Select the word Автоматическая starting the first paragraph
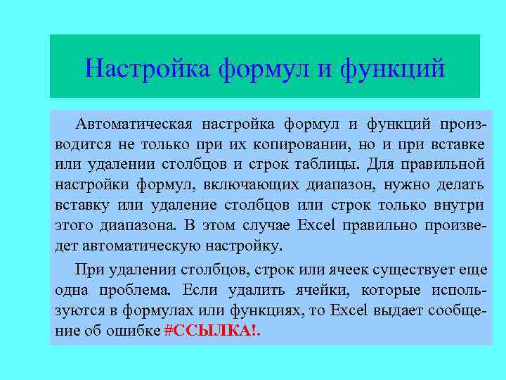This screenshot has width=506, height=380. (134, 125)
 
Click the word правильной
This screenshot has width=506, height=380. (449, 165)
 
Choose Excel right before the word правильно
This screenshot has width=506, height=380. (318, 226)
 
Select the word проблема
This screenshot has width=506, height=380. (132, 290)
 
